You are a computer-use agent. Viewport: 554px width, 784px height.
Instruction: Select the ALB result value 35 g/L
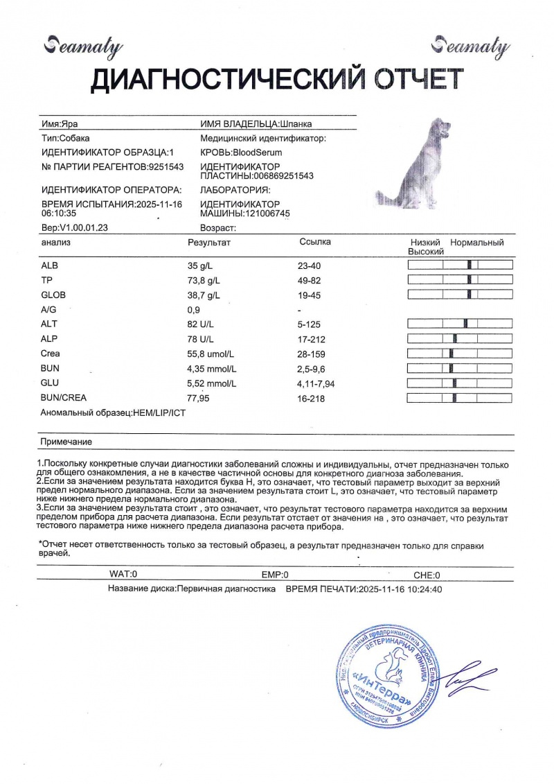pyautogui.click(x=202, y=265)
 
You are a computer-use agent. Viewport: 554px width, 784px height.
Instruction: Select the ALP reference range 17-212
pyautogui.click(x=312, y=340)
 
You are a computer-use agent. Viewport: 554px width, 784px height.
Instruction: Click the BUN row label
pyautogui.click(x=51, y=369)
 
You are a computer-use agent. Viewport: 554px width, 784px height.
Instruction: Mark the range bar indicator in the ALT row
pyautogui.click(x=460, y=324)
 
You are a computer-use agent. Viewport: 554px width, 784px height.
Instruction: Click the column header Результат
pyautogui.click(x=209, y=243)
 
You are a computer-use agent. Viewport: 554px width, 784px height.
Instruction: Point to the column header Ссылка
pyautogui.click(x=315, y=242)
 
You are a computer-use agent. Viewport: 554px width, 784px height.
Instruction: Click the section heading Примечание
pyautogui.click(x=66, y=442)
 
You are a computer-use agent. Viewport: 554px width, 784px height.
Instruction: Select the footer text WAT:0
pyautogui.click(x=124, y=575)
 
